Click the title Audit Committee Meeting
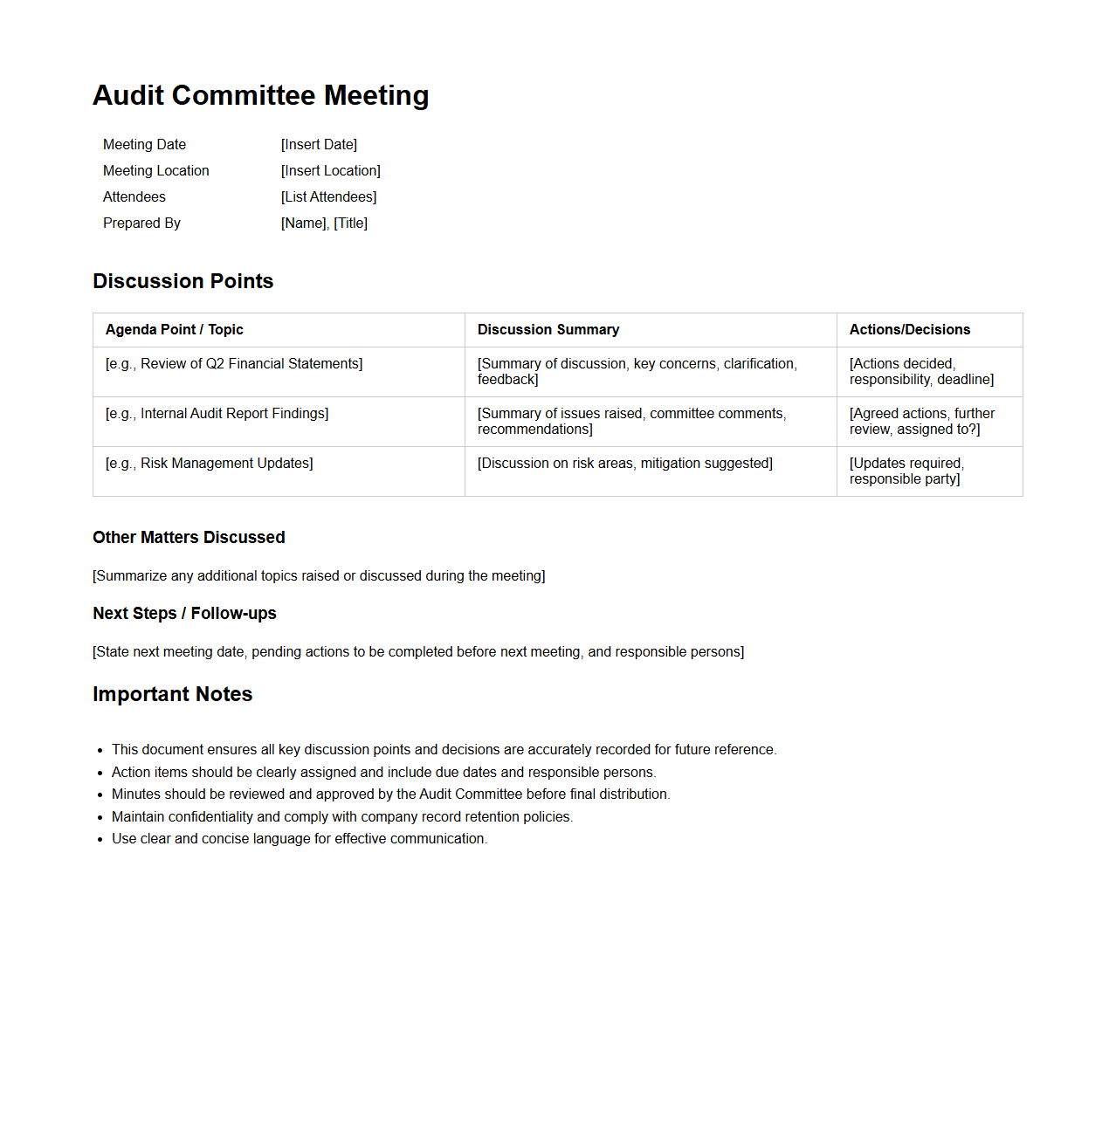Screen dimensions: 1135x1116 point(260,95)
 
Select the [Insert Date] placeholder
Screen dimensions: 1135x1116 point(319,145)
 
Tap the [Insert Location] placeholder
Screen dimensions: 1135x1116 point(330,171)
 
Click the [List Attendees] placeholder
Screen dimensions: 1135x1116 point(328,197)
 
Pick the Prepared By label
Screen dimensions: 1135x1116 point(141,224)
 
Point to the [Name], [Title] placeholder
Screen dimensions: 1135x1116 point(324,224)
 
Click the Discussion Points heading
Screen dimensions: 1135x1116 point(183,281)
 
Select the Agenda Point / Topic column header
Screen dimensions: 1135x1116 point(174,330)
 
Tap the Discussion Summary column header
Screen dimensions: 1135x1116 point(548,330)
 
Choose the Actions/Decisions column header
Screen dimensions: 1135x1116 point(909,330)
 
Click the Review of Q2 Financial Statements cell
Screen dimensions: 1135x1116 point(234,364)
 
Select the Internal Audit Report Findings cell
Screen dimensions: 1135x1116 point(217,414)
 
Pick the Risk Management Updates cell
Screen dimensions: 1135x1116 point(209,464)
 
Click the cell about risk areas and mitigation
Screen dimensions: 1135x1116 point(624,464)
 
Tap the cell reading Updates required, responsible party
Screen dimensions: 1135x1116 point(906,471)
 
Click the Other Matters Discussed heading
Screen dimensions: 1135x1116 point(189,538)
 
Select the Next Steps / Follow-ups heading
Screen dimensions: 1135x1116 point(184,614)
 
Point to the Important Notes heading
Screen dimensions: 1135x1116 point(172,694)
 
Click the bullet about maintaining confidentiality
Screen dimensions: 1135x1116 point(341,817)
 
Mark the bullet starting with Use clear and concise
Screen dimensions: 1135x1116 point(299,839)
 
